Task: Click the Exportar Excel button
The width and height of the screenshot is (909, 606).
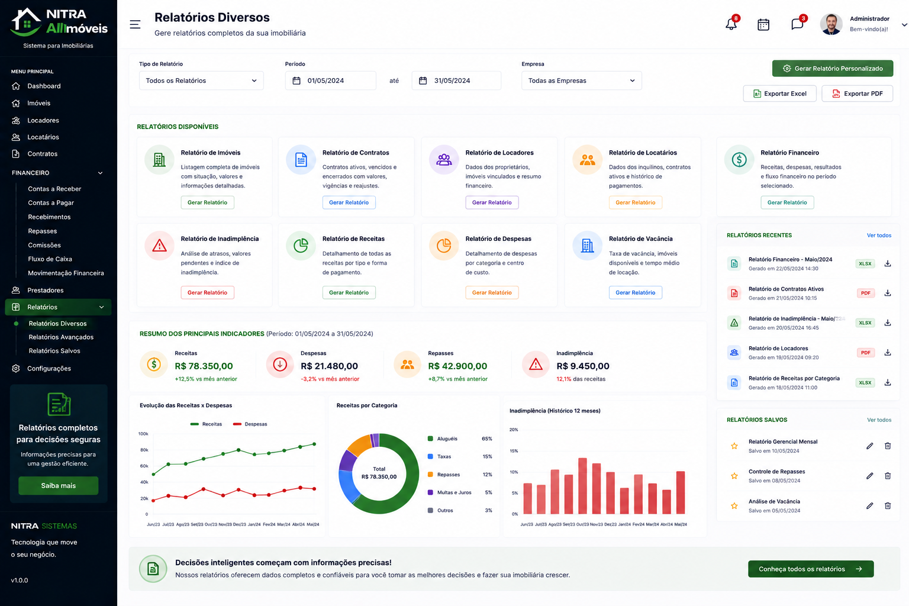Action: [x=779, y=94]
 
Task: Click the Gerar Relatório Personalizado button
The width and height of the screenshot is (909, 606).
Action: [x=832, y=68]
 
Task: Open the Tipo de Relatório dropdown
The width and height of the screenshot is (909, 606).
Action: [x=201, y=80]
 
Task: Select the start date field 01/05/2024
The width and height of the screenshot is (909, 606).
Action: [x=330, y=80]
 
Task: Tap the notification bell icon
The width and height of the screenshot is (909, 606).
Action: [x=731, y=24]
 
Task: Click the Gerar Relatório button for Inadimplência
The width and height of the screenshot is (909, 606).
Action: [x=207, y=292]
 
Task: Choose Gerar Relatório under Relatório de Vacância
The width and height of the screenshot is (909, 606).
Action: [x=635, y=292]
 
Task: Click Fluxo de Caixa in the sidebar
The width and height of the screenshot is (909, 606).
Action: [x=50, y=259]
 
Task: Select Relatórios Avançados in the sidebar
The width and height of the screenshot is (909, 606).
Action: [x=61, y=337]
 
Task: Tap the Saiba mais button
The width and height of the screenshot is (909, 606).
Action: [x=59, y=485]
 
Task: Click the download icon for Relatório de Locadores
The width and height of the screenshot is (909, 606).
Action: [x=888, y=352]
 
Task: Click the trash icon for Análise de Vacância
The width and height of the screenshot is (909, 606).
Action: [x=888, y=505]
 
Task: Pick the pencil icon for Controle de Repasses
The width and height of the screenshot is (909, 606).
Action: [x=869, y=476]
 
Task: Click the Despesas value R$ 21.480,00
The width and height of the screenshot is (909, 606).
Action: [x=329, y=366]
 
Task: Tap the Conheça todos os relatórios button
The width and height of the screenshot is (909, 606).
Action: [x=811, y=569]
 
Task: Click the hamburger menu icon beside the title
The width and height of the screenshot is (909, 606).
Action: [x=135, y=24]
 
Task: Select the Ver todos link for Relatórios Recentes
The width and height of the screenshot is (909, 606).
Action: [x=879, y=236]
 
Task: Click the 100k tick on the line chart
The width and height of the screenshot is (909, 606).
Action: [x=143, y=434]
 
